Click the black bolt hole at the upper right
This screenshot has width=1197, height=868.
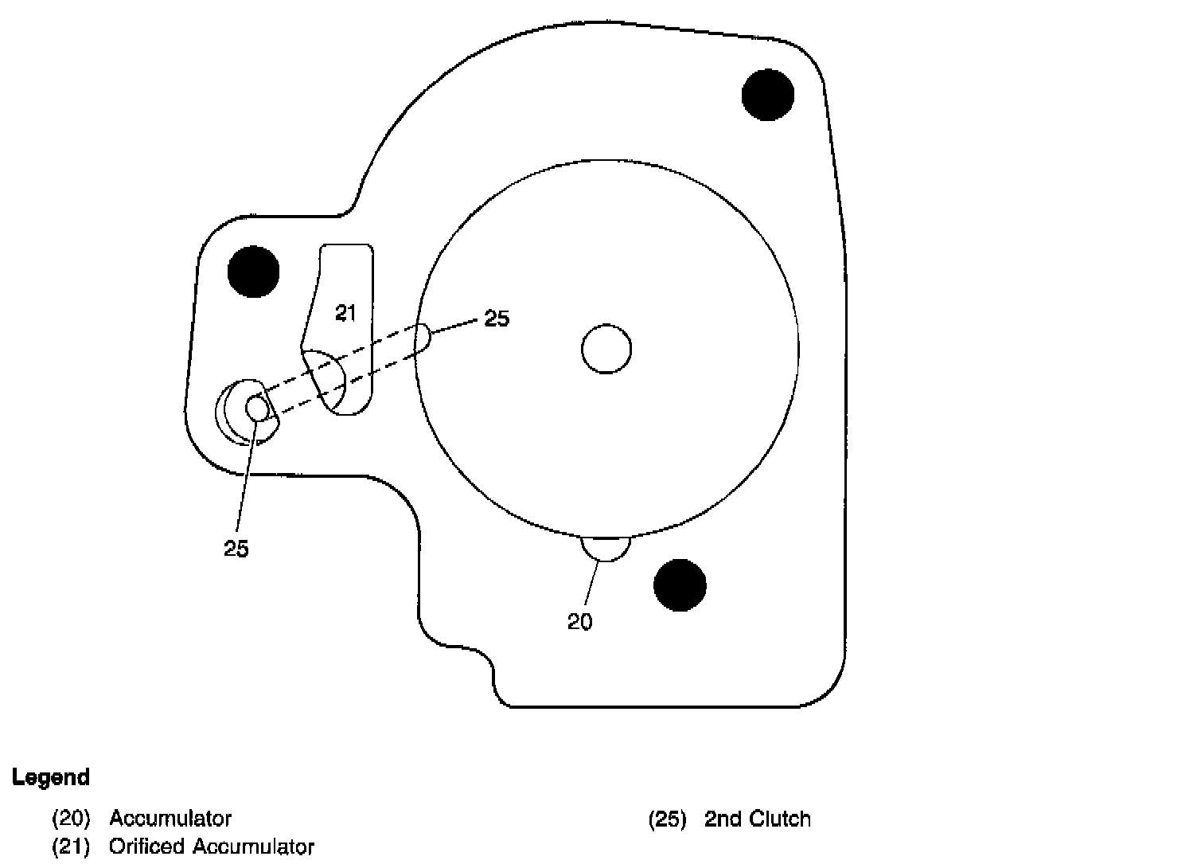(768, 95)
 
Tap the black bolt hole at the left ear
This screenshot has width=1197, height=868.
(254, 272)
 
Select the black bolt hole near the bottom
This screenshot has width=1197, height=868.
(680, 585)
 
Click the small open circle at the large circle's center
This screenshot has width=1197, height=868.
(606, 349)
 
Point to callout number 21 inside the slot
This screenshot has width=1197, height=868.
(345, 313)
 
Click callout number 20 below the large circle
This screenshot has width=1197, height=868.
(580, 622)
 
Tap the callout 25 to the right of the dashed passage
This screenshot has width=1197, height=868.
(497, 319)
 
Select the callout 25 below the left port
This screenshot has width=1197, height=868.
(236, 549)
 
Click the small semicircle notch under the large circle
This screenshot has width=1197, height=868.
(606, 548)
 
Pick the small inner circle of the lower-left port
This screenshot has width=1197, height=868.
(257, 408)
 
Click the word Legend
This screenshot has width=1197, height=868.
(51, 777)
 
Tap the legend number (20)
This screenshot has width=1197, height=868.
(71, 818)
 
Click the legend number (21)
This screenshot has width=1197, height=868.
(71, 846)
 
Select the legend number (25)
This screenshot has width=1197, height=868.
(667, 819)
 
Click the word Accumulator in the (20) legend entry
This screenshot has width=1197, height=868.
(170, 818)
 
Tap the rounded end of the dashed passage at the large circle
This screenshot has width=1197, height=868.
(424, 337)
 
